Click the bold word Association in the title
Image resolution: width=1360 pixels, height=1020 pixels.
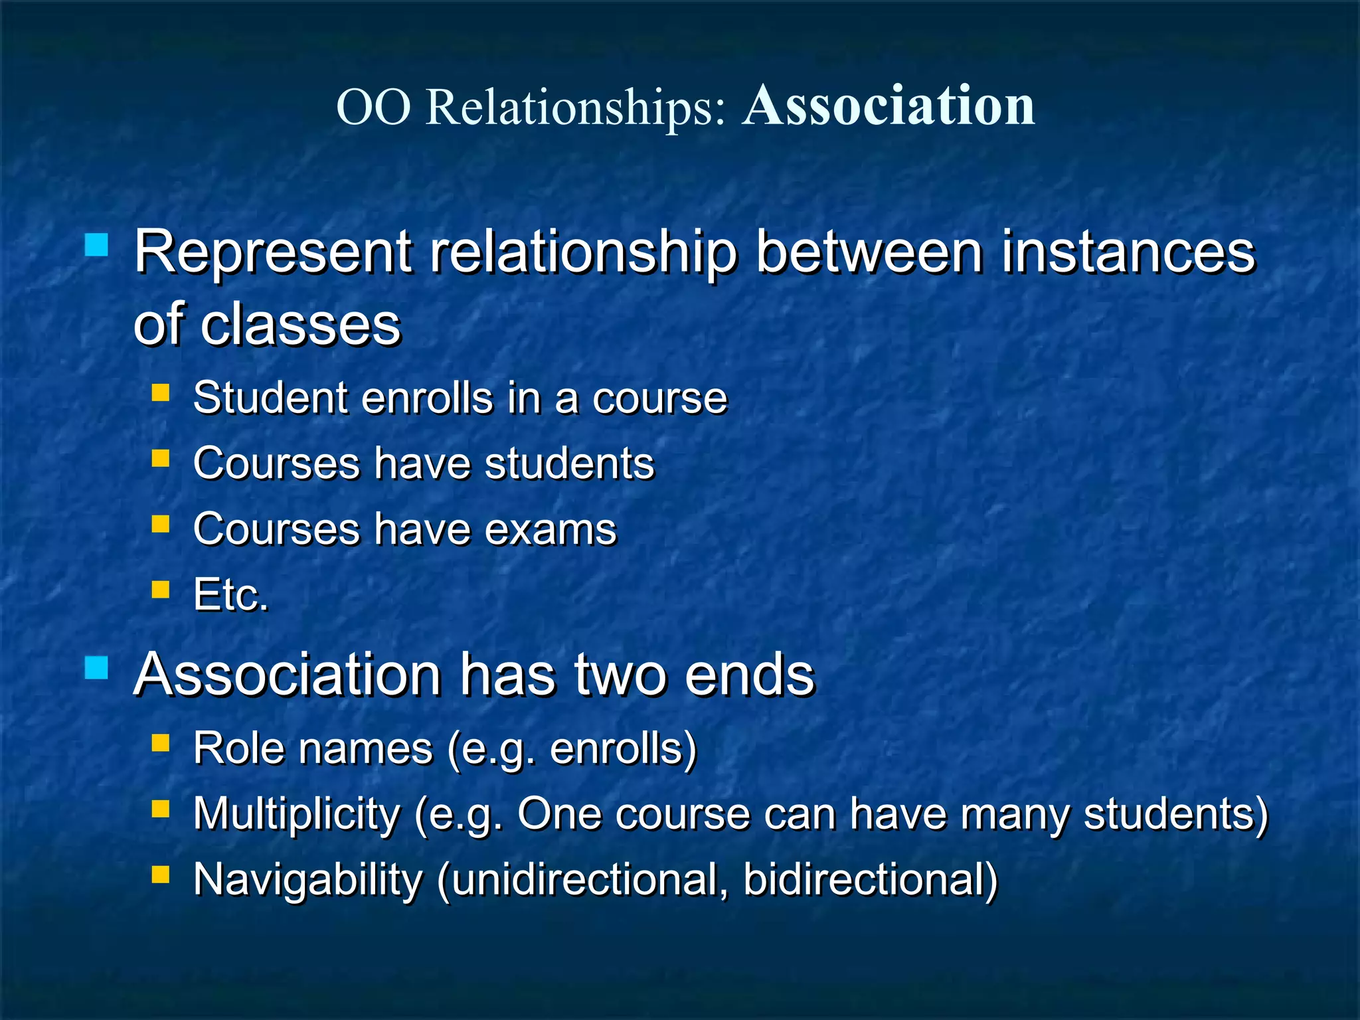tap(889, 106)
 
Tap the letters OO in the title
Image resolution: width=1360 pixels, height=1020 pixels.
tap(374, 108)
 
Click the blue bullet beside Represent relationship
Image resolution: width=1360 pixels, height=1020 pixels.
tap(97, 245)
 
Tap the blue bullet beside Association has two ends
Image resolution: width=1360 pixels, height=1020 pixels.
tap(97, 667)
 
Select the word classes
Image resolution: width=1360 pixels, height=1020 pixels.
tap(301, 325)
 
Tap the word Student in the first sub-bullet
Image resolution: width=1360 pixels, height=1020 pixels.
tap(270, 398)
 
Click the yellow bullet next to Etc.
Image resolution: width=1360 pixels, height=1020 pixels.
tap(161, 589)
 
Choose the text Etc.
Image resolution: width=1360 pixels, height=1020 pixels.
tap(231, 595)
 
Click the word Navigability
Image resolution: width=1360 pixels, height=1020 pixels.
tap(307, 881)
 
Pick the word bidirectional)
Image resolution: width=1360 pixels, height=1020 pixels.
tap(870, 881)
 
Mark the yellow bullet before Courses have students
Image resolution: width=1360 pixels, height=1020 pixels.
tap(161, 458)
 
